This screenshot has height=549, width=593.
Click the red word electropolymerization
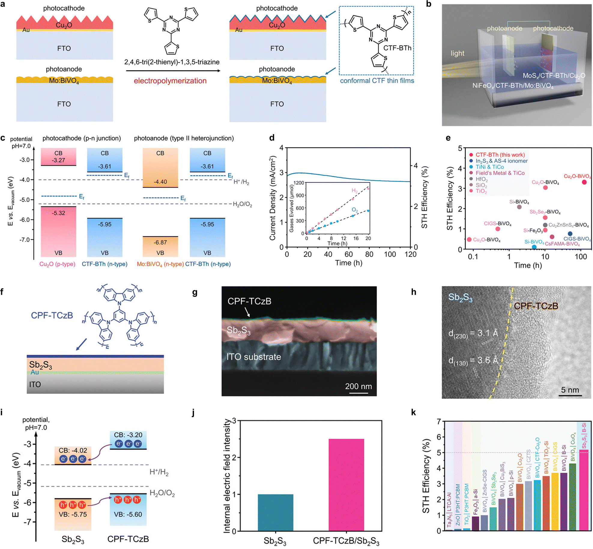pos(170,81)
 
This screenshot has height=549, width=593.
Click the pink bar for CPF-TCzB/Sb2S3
pos(346,485)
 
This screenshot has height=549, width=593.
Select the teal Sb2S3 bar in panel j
pos(275,512)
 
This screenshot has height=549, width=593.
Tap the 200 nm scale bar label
pos(358,386)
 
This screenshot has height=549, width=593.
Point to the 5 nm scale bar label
pos(570,390)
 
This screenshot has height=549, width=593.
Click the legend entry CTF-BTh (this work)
pos(500,155)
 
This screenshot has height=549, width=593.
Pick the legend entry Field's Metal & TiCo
pos(500,173)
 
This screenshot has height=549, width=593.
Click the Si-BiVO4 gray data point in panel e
pos(519,207)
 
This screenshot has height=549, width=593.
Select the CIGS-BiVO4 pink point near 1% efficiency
pos(498,229)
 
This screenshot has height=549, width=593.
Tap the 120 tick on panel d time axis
pos(410,254)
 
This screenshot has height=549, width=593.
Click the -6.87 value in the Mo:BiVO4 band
pos(160,242)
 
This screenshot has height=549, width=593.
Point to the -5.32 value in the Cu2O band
pos(58,213)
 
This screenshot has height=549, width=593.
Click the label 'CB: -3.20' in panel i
pos(128,435)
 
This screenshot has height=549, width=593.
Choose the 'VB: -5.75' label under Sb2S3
pos(73,514)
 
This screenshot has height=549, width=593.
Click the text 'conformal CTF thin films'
pos(377,81)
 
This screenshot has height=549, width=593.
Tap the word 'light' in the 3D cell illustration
pos(457,53)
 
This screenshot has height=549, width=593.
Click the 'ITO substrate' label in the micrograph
pos(254,357)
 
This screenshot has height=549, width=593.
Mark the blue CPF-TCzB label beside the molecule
pos(52,315)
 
